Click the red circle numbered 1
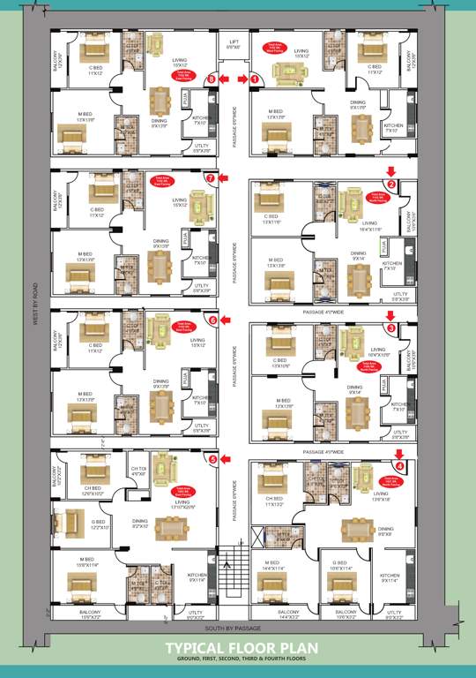(255, 79)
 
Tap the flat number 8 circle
(211, 79)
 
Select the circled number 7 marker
(210, 178)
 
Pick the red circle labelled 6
(212, 320)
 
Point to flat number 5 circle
(212, 459)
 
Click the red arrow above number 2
(391, 170)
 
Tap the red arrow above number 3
(391, 315)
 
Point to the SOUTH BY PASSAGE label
(233, 628)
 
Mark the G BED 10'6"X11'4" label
(339, 566)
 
